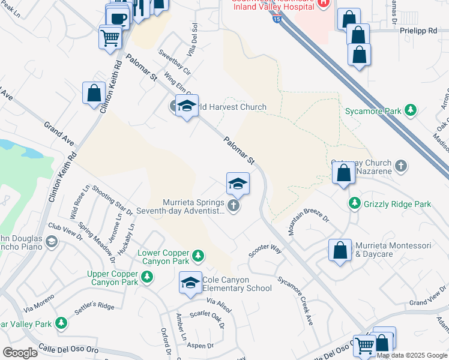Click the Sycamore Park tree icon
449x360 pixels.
(x=411, y=110)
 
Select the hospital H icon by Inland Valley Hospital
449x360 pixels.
(x=324, y=2)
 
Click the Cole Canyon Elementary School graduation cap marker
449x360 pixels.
(x=190, y=282)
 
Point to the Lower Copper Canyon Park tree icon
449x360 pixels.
(x=197, y=257)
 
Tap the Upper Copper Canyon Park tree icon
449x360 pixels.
(x=146, y=277)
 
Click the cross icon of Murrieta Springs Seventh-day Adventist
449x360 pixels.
(x=234, y=206)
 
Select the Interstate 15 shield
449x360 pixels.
(x=276, y=20)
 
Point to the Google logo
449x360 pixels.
(x=19, y=352)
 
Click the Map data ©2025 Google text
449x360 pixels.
(x=412, y=355)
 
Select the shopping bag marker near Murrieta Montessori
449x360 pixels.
(x=340, y=250)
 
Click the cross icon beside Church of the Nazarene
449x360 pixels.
(x=400, y=164)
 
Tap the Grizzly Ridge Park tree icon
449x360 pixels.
(x=355, y=204)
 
